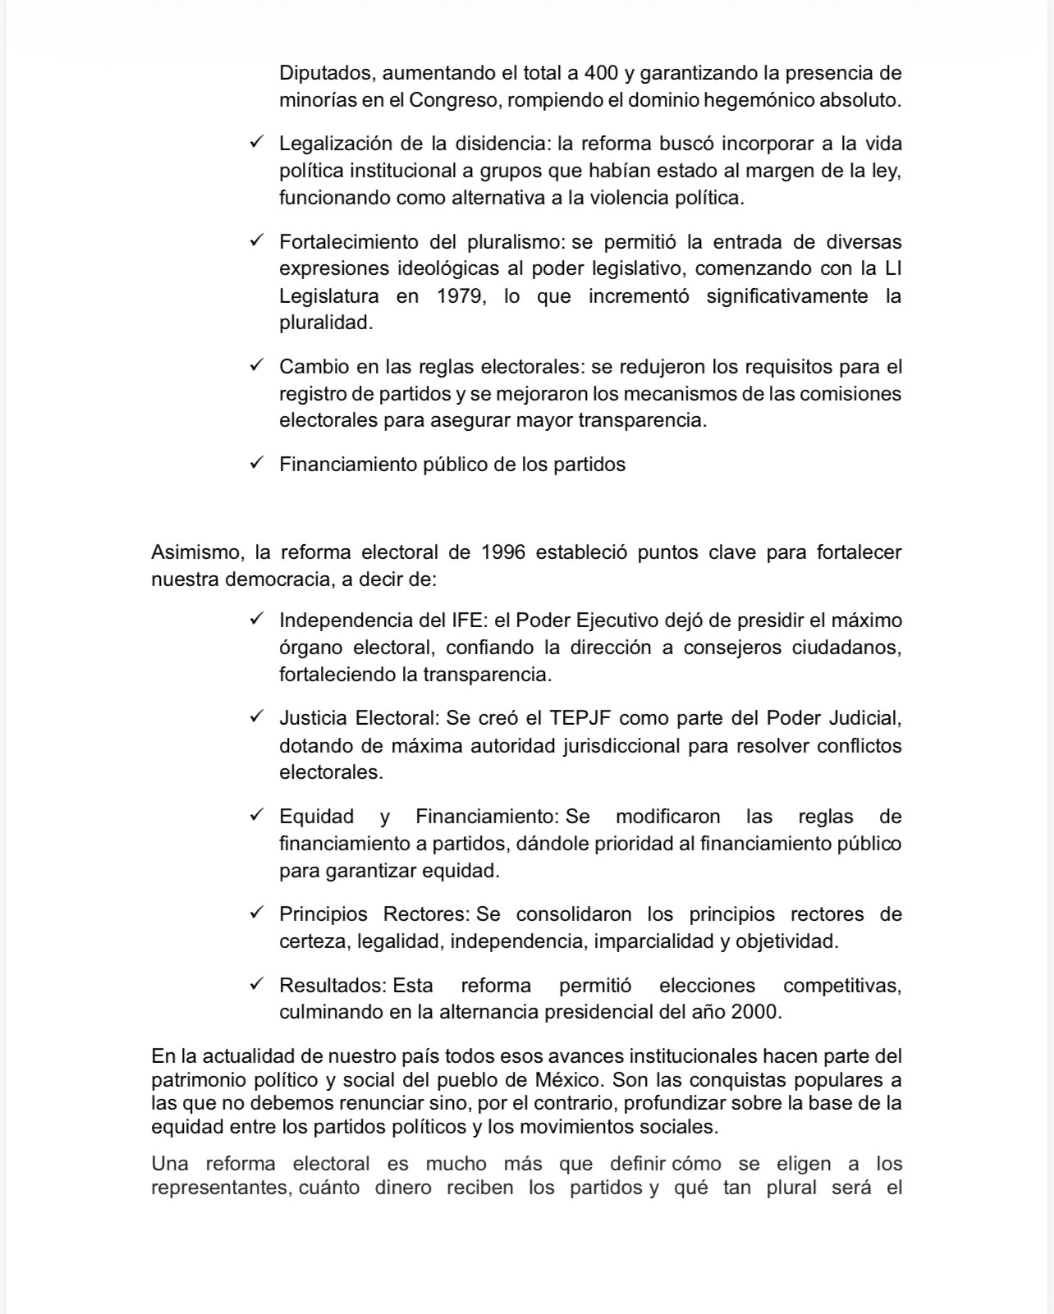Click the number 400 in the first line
[601, 73]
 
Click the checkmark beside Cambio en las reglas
[256, 365]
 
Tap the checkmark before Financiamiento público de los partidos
[256, 463]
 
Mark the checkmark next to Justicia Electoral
[256, 717]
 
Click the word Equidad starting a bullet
[316, 817]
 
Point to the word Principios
[322, 914]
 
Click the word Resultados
[332, 985]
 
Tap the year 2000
[754, 1012]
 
